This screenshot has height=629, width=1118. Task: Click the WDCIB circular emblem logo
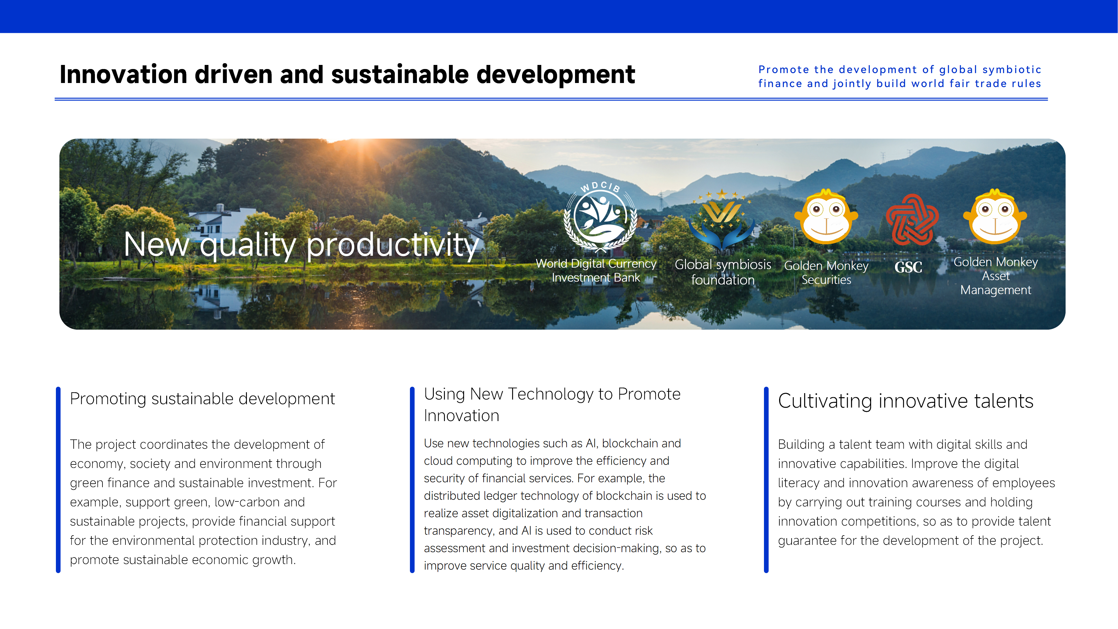click(x=600, y=217)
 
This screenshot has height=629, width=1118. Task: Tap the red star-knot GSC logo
click(x=912, y=220)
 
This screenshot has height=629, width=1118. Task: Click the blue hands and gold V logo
click(x=722, y=219)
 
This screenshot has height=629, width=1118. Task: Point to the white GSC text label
click(x=908, y=267)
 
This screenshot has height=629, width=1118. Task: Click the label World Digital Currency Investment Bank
click(x=596, y=271)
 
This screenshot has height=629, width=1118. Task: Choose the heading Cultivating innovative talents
click(x=906, y=401)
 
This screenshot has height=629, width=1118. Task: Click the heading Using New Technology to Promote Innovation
click(x=552, y=404)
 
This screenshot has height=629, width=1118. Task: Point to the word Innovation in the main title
click(x=123, y=74)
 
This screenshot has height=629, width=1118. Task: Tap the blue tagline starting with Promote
click(x=900, y=76)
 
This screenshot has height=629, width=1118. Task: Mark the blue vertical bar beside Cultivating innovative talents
click(x=766, y=480)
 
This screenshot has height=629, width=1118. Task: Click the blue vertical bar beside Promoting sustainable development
click(x=58, y=480)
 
